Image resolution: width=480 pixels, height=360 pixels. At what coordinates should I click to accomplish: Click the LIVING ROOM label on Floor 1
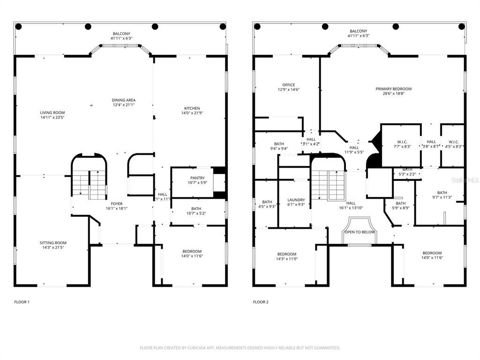(x=52, y=112)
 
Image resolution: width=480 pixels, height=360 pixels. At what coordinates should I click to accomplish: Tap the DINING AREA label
(x=124, y=100)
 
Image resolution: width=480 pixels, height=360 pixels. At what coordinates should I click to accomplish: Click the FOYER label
(x=117, y=204)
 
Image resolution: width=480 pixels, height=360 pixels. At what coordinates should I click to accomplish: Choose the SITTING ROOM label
(x=52, y=243)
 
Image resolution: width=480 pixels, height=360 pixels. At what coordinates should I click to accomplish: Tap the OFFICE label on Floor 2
(x=289, y=85)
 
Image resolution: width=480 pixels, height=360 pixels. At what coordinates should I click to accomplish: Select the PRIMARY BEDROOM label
(x=393, y=89)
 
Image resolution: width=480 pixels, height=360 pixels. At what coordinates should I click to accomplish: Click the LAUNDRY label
(x=296, y=200)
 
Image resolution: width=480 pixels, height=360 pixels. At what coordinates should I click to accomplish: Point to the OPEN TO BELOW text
(x=360, y=232)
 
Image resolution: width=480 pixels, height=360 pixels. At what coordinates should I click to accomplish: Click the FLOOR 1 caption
(x=22, y=302)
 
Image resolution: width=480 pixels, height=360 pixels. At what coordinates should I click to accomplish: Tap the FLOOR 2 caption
(x=261, y=302)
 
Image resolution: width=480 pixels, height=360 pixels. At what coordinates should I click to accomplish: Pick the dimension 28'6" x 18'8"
(x=393, y=93)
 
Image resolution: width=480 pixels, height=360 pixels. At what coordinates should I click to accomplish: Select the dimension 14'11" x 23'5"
(x=52, y=118)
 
